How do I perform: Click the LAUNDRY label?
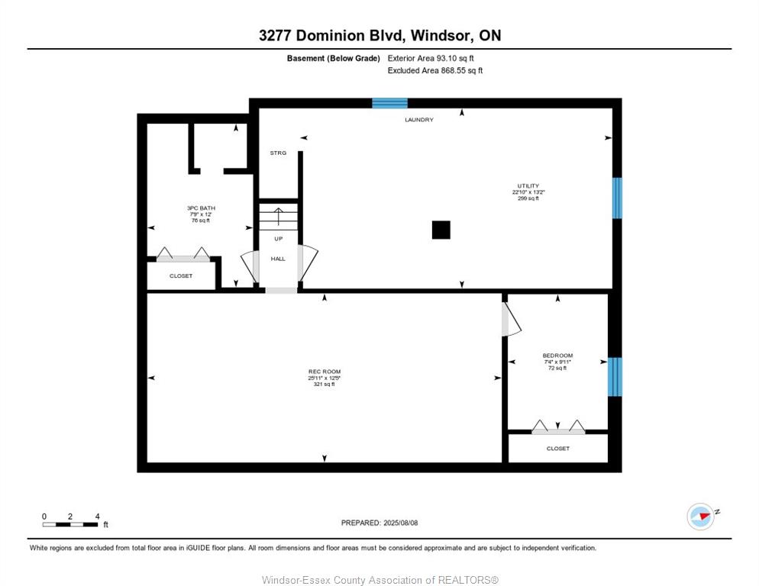[x=419, y=120]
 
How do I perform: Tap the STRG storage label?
[x=279, y=153]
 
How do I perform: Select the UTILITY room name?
[x=528, y=186]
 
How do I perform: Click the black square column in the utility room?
[x=441, y=230]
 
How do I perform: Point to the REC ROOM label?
[x=325, y=372]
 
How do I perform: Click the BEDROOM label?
[x=557, y=355]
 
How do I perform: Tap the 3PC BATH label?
[x=201, y=208]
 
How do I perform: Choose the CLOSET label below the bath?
[x=181, y=275]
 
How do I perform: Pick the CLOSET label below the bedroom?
[x=558, y=449]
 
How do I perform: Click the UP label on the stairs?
[x=279, y=239]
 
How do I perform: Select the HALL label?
[x=278, y=259]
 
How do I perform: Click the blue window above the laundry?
[x=389, y=103]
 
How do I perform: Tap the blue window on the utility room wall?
[x=617, y=198]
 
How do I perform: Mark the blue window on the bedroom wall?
[x=615, y=376]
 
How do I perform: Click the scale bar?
[x=70, y=524]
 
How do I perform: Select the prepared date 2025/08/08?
[x=400, y=523]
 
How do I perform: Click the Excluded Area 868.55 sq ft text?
[x=435, y=71]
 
